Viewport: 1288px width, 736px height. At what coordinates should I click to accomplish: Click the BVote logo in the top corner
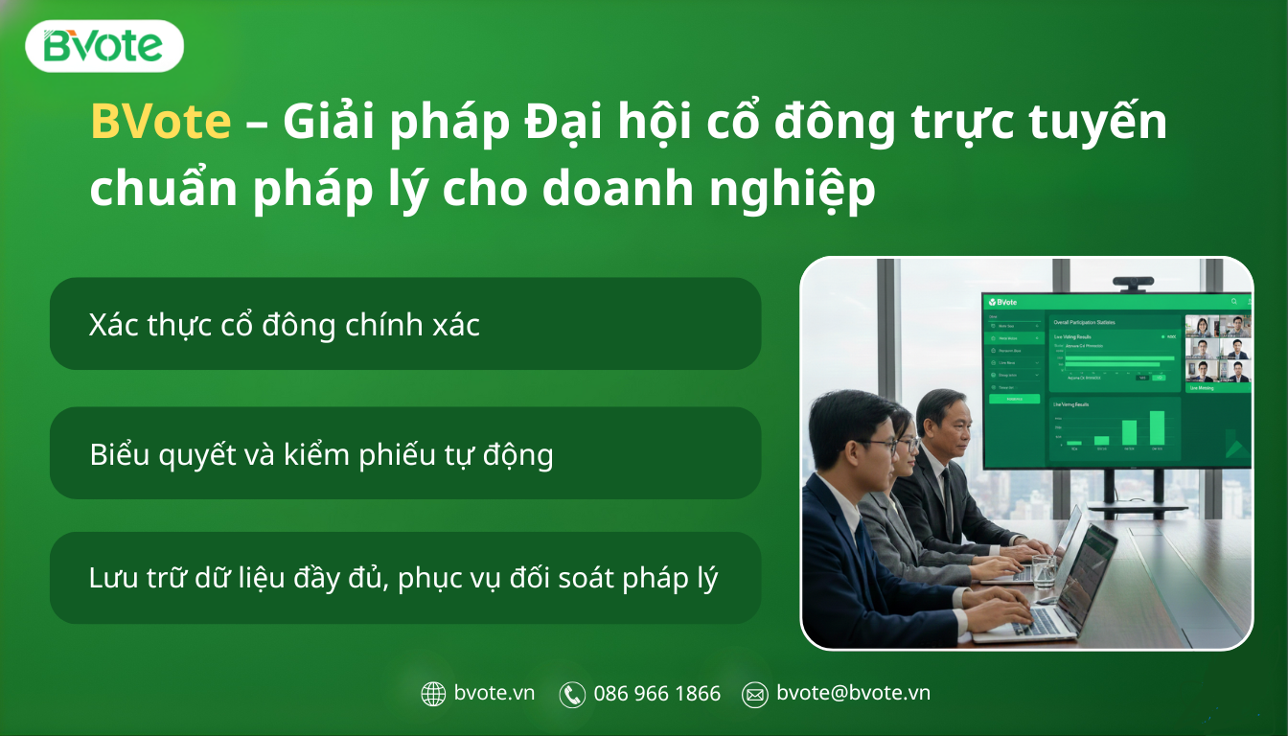pos(103,46)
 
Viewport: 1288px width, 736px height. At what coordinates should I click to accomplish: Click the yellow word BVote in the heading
pos(160,123)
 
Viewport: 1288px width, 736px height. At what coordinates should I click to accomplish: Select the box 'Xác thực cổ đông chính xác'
pos(404,324)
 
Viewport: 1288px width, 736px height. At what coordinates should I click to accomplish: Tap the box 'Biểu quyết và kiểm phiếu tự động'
pos(404,453)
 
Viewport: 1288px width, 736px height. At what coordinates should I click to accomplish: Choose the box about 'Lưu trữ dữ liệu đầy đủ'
pos(404,578)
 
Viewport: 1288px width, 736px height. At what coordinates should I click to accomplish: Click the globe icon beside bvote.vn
pos(434,694)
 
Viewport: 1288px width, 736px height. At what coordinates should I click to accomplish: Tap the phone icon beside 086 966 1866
pos(572,694)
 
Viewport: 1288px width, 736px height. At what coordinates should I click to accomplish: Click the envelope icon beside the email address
pos(755,694)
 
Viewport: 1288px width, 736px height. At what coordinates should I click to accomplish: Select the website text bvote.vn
pos(494,693)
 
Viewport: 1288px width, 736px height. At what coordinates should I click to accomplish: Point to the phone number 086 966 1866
pos(656,694)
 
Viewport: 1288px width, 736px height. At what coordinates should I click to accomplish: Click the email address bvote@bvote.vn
pos(853,693)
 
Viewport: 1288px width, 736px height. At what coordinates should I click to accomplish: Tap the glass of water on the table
pos(1044,572)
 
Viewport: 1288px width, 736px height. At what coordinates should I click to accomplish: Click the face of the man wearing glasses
pos(867,446)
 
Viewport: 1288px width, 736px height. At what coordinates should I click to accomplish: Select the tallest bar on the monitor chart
pos(1158,428)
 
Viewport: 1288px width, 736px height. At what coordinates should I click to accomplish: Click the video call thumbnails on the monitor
pos(1218,349)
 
